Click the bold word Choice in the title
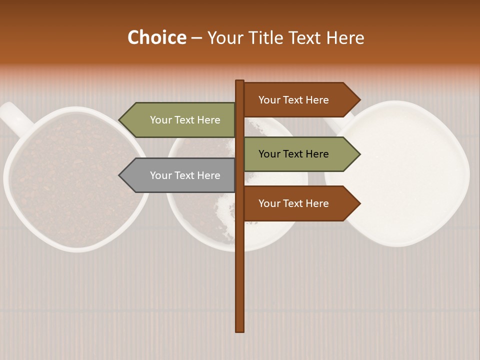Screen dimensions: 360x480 156,38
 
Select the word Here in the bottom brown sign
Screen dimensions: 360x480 317,203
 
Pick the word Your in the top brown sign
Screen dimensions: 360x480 269,100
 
